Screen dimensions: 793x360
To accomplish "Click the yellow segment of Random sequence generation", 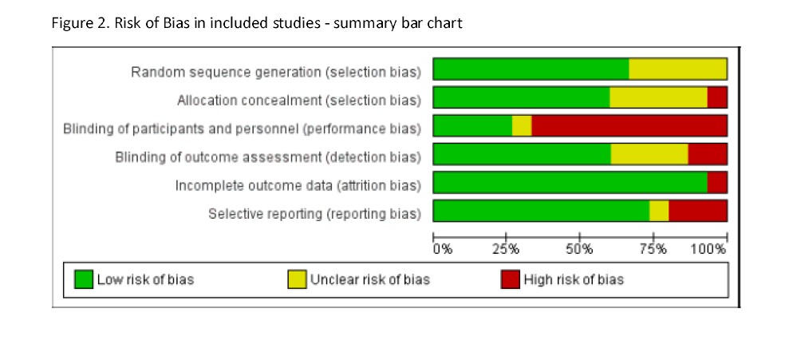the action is pos(677,69).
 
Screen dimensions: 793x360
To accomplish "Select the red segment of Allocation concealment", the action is pos(717,97).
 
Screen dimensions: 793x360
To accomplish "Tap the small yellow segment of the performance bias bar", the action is pos(522,126).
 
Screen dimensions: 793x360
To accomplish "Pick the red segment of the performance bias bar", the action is pos(629,126).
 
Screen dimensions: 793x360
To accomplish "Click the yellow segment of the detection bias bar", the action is pos(649,154).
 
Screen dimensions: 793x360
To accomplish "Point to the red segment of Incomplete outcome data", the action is pos(717,183).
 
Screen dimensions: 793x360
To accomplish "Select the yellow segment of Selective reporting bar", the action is pos(659,212).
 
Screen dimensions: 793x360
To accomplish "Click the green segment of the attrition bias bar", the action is pos(570,183).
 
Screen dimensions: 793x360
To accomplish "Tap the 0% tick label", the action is pos(443,250).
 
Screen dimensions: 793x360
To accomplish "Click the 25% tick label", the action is pos(507,250).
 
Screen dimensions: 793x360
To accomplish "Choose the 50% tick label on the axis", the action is pos(579,250).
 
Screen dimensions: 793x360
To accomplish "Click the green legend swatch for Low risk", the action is pos(84,279).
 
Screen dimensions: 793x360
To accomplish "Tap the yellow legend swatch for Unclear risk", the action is pos(297,279).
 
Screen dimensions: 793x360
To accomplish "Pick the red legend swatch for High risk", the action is pos(510,279).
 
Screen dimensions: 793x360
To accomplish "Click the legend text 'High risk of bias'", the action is pos(574,279).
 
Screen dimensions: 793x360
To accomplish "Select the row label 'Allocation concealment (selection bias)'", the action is pos(299,101).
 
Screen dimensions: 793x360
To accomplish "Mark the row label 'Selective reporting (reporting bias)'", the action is pos(314,214).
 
